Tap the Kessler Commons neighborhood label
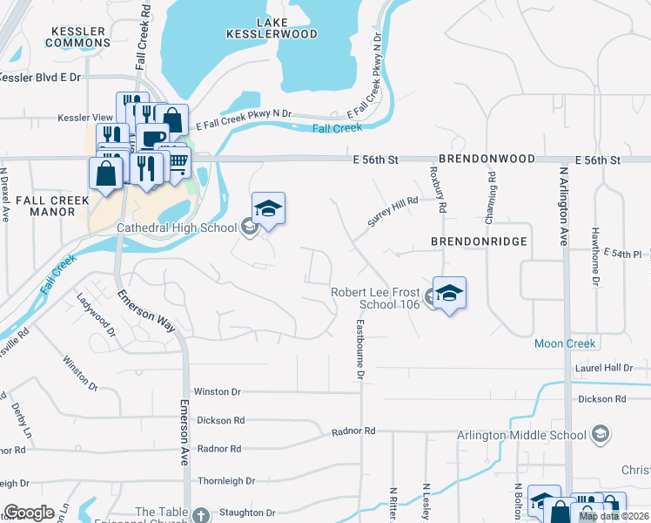[x=76, y=37]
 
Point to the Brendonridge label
[x=479, y=241]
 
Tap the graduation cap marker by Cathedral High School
[x=269, y=209]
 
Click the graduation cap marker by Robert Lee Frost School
[x=449, y=293]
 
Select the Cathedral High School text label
[x=178, y=228]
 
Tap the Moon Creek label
[x=565, y=343]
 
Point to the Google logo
[x=29, y=513]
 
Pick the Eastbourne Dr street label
[x=359, y=350]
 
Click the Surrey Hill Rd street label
[x=393, y=212]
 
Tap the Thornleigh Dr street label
[x=225, y=480]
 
